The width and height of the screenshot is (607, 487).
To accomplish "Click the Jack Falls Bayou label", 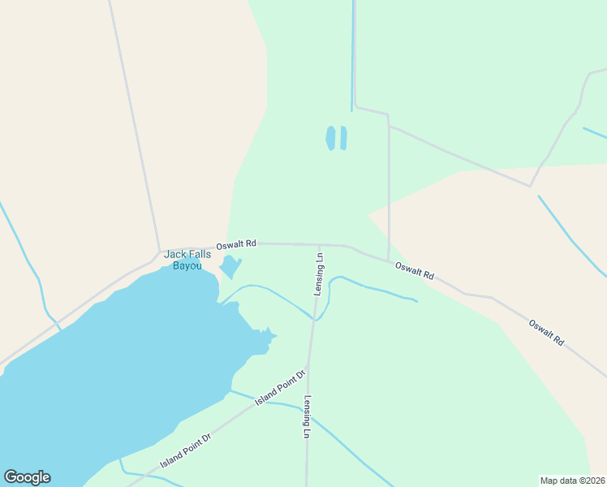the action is click(x=187, y=260).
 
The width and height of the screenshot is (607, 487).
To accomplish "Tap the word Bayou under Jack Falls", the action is click(x=187, y=266).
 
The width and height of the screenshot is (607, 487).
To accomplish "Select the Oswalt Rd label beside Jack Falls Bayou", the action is click(x=236, y=243).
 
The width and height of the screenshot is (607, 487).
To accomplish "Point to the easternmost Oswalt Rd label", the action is click(x=546, y=333).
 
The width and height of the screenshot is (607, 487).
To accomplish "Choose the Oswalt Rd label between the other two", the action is click(x=415, y=271).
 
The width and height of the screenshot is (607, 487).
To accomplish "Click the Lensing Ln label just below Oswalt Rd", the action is click(x=320, y=275).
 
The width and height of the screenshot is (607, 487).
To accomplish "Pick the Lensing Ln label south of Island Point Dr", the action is click(x=307, y=417).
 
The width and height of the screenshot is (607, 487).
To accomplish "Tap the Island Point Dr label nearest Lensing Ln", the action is click(x=280, y=387).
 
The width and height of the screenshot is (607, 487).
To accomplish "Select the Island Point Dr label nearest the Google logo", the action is click(x=185, y=450).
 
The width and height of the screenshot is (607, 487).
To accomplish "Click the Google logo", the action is click(x=27, y=477).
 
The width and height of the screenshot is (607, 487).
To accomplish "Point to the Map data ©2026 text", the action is click(x=572, y=480).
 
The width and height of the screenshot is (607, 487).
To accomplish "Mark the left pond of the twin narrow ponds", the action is click(x=330, y=138).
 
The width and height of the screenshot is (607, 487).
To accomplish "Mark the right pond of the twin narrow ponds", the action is click(x=343, y=138).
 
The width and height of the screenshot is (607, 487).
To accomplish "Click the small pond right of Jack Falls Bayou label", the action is click(x=230, y=266).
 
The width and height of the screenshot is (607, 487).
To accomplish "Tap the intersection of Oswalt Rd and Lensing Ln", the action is click(x=319, y=243).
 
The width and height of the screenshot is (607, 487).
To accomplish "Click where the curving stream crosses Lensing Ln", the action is click(x=314, y=317).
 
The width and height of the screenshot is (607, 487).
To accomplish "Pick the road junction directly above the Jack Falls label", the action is click(x=159, y=250).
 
